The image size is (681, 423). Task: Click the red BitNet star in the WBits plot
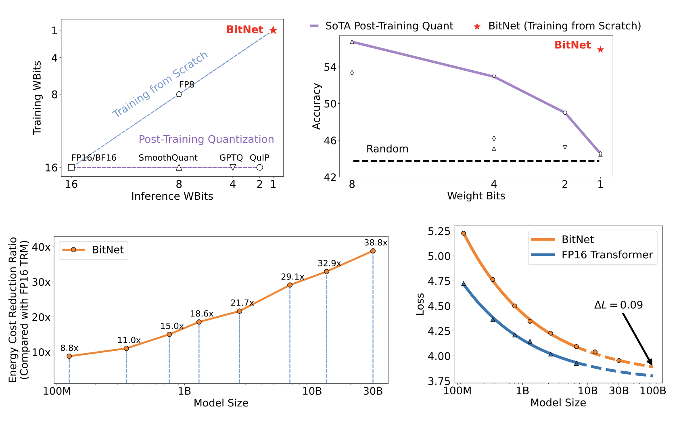[x=273, y=30]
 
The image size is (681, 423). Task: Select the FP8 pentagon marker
[x=179, y=94]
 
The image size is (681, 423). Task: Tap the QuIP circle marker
[x=259, y=168]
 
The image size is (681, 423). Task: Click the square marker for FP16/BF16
[x=71, y=168]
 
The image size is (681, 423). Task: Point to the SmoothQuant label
[x=168, y=158]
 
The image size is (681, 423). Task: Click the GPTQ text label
[x=231, y=158]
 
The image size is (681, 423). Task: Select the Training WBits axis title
[x=37, y=98]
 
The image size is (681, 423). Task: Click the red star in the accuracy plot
[x=600, y=50]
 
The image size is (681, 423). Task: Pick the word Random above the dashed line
[x=387, y=149]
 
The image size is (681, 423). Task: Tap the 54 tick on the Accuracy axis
[x=330, y=67]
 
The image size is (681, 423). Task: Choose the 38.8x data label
[x=375, y=243]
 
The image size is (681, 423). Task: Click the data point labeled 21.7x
[x=240, y=311]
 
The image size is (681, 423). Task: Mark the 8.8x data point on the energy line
[x=69, y=356]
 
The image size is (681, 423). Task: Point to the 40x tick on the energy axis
[x=41, y=247]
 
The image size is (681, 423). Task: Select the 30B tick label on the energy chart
[x=373, y=391]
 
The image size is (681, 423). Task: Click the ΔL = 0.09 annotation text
[x=618, y=305]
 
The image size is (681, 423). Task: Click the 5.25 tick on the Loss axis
[x=438, y=231]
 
